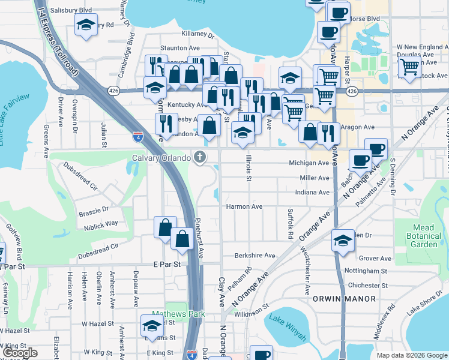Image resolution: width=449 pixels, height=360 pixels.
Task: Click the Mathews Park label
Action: (178, 314)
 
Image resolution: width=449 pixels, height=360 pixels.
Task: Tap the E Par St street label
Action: (166, 264)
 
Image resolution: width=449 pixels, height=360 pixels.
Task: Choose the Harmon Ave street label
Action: (244, 206)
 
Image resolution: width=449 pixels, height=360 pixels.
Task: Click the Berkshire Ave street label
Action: (255, 255)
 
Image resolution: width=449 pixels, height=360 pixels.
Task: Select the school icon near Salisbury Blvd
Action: (86, 25)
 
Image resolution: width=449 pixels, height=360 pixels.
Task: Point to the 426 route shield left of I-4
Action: (114, 90)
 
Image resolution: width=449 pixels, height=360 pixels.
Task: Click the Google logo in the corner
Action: (20, 353)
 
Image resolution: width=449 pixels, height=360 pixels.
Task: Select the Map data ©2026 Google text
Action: (412, 355)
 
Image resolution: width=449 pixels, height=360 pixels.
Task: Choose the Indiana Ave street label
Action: (312, 193)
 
